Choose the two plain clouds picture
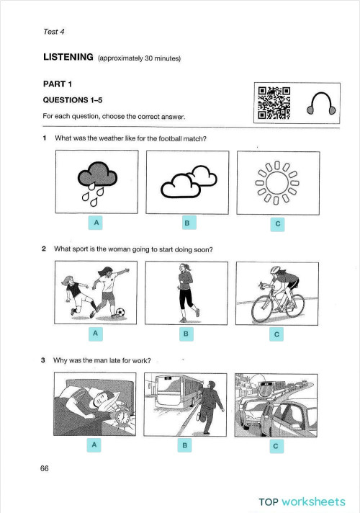click(x=186, y=183)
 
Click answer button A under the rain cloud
click(x=95, y=223)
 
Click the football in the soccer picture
click(x=120, y=313)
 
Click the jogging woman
click(x=186, y=292)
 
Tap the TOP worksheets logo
click(x=302, y=501)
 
